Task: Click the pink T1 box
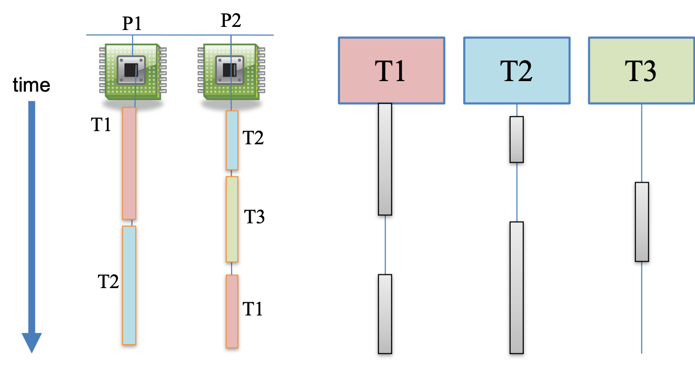(x=391, y=71)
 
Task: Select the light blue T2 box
(x=517, y=71)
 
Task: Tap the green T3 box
(x=641, y=71)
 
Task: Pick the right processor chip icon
(x=231, y=71)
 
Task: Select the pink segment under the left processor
(x=129, y=163)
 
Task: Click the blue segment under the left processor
(x=129, y=285)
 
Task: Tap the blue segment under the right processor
(x=232, y=140)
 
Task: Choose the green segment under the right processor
(x=232, y=219)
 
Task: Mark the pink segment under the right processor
(x=232, y=311)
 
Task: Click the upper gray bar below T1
(x=385, y=159)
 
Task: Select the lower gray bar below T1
(x=385, y=314)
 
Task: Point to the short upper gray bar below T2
(x=517, y=140)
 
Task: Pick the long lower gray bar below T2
(x=517, y=288)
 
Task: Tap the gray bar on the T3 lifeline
(x=641, y=222)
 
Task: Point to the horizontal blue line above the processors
(x=180, y=35)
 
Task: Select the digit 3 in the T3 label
(x=649, y=71)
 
